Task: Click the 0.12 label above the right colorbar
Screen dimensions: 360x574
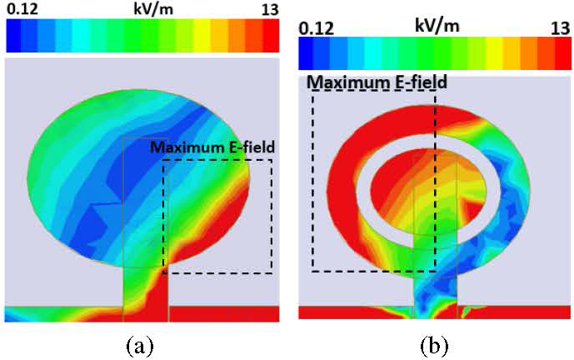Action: click(x=316, y=27)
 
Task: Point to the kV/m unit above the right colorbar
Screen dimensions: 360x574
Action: click(x=438, y=26)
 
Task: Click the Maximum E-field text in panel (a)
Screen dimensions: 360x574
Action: click(x=212, y=148)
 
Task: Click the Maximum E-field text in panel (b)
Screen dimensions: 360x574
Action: click(x=377, y=82)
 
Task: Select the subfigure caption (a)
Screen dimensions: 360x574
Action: click(x=138, y=343)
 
